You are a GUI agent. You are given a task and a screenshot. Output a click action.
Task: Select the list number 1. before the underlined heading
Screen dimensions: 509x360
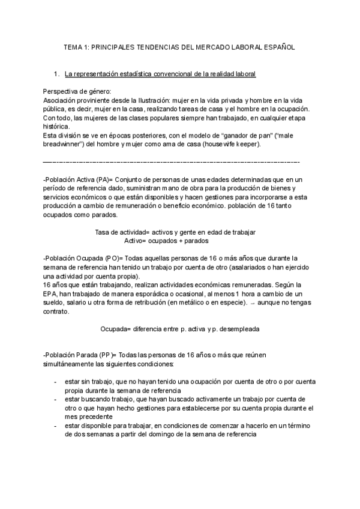point(57,74)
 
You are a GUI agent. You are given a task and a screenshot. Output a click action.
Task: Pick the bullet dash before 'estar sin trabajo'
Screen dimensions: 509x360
point(55,381)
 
